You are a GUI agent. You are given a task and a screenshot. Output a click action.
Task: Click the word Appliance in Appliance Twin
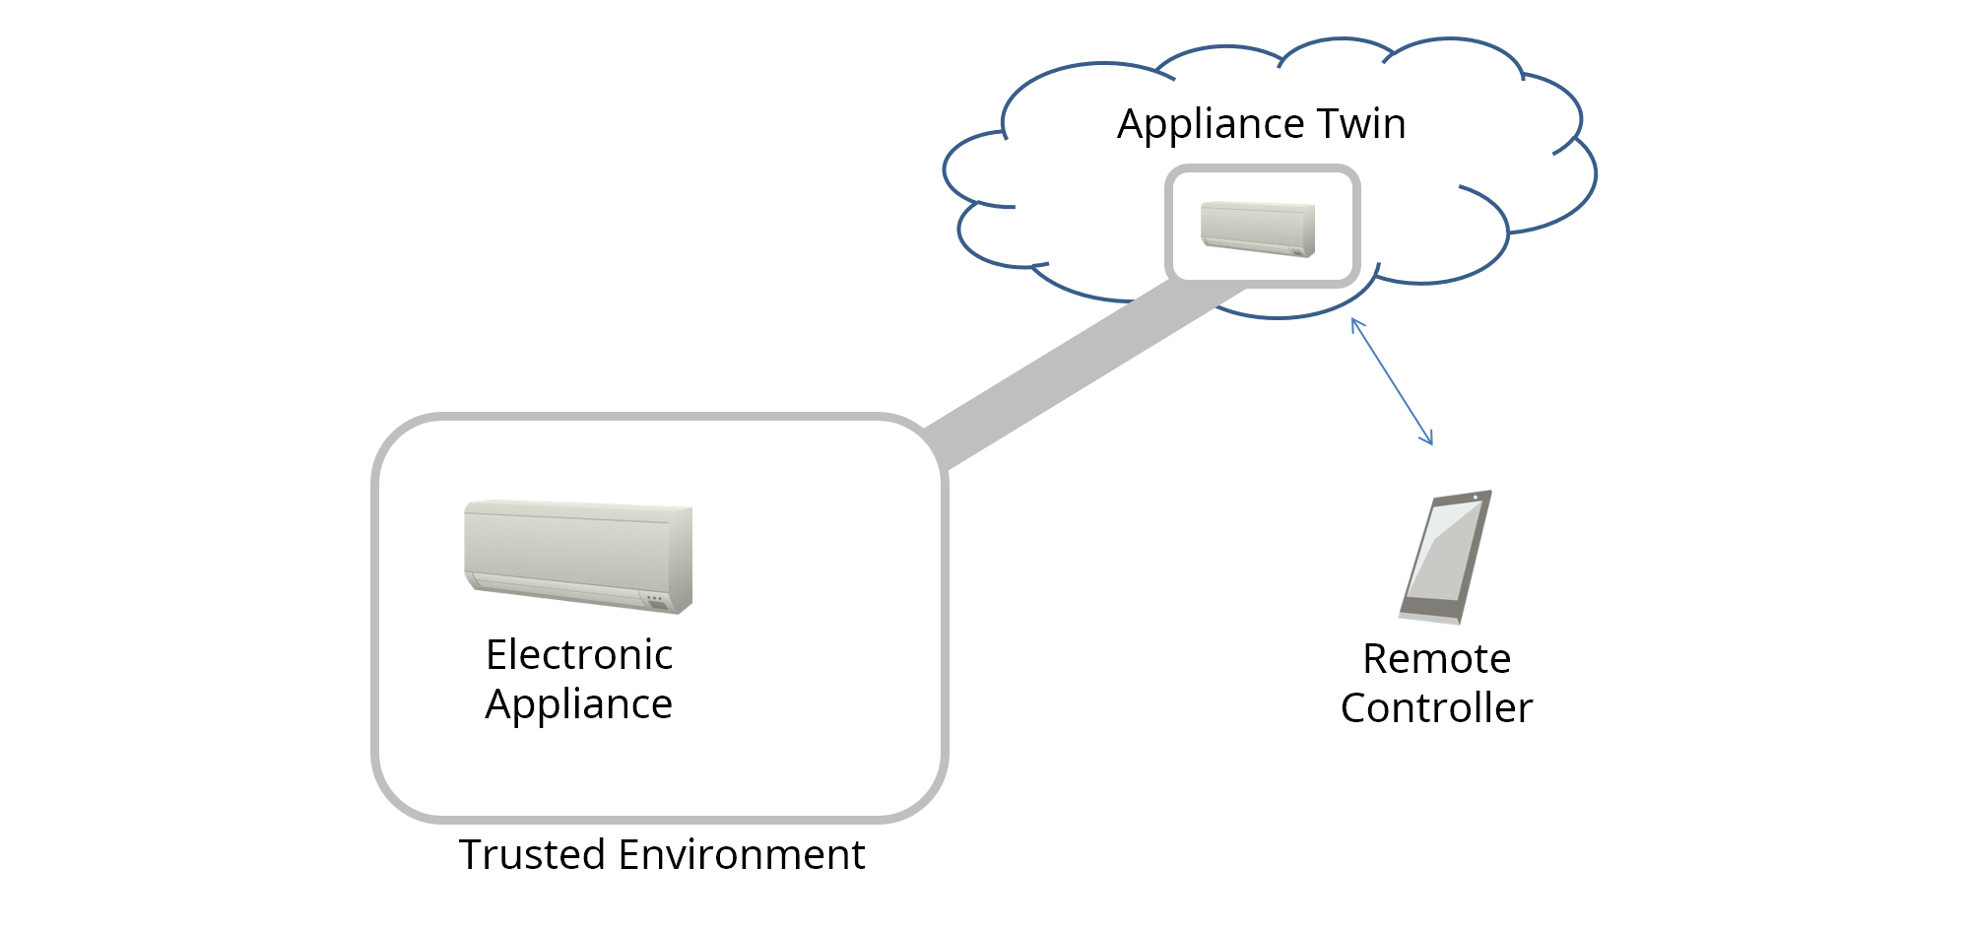tap(1211, 125)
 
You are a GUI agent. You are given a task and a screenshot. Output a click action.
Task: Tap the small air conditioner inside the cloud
tap(1258, 228)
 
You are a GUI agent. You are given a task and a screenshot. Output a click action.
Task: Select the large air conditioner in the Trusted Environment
tap(578, 556)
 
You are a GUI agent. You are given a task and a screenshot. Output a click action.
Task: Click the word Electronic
tap(578, 655)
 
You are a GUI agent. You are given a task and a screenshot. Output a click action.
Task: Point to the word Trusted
tap(532, 854)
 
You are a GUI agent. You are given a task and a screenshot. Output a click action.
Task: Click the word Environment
tap(741, 854)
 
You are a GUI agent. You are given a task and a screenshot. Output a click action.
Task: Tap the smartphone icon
tap(1445, 557)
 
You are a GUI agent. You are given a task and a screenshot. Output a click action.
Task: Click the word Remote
tap(1436, 659)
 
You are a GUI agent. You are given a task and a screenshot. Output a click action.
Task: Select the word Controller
tap(1436, 708)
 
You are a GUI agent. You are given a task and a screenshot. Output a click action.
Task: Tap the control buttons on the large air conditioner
tap(654, 598)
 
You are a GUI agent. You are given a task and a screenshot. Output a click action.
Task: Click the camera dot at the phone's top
tap(1476, 498)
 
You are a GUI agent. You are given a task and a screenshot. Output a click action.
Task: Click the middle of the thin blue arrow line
tap(1392, 381)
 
